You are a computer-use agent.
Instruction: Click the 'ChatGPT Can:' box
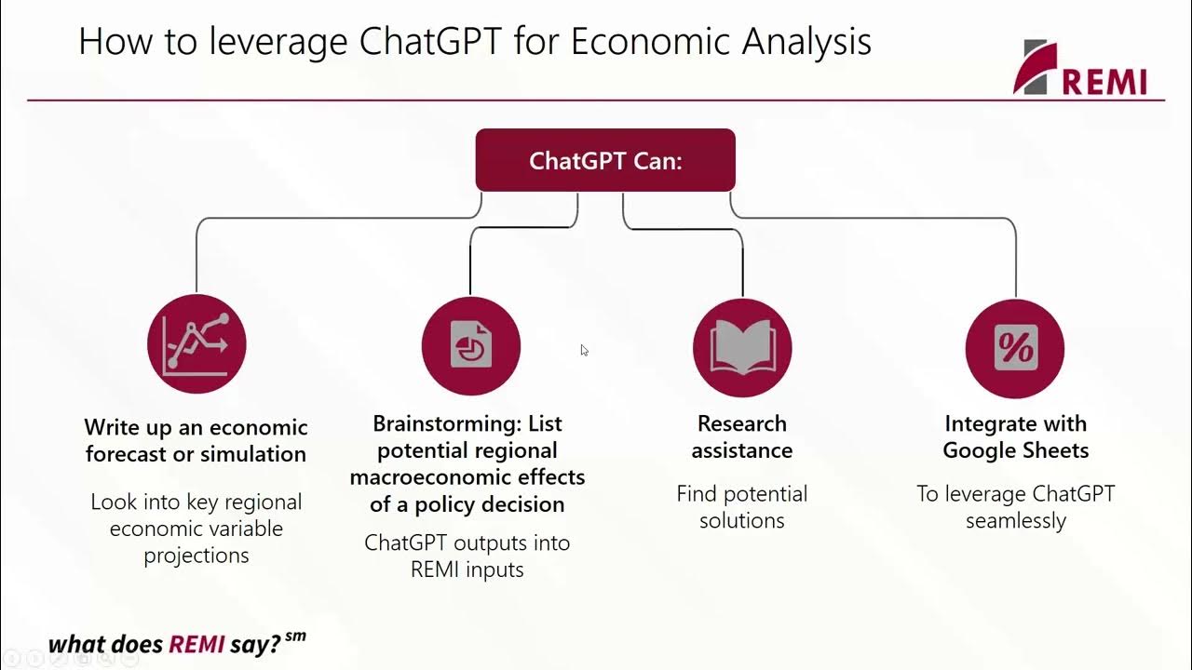605,160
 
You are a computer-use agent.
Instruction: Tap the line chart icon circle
196,344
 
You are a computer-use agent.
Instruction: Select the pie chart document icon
470,346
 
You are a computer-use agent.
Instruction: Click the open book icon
742,346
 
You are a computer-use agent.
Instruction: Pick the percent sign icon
1015,348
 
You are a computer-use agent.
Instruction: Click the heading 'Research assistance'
742,436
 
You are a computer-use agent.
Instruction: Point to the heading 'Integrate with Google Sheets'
1015,436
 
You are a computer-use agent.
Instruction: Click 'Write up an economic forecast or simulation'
196,440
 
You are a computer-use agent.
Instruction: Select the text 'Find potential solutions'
742,506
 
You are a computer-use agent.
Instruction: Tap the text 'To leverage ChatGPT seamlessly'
1015,506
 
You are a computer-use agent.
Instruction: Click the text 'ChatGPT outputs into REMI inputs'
467,555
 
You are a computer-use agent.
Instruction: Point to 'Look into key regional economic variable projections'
196,528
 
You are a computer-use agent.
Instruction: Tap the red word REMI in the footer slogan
196,644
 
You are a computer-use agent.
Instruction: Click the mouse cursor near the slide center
584,351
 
